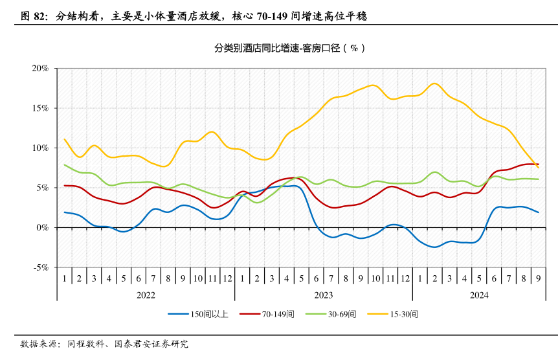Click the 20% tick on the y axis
tap(39, 68)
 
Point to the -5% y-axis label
tap(40, 267)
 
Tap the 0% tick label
tap(42, 227)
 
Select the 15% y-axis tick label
tap(39, 108)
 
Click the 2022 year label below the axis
tap(146, 295)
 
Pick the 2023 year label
tap(323, 295)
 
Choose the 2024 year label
tap(478, 295)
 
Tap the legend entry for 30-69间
tap(341, 314)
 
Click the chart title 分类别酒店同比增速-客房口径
tap(289, 49)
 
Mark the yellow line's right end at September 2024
tap(538, 168)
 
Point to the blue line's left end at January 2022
tap(65, 212)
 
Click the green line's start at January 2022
tap(65, 164)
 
